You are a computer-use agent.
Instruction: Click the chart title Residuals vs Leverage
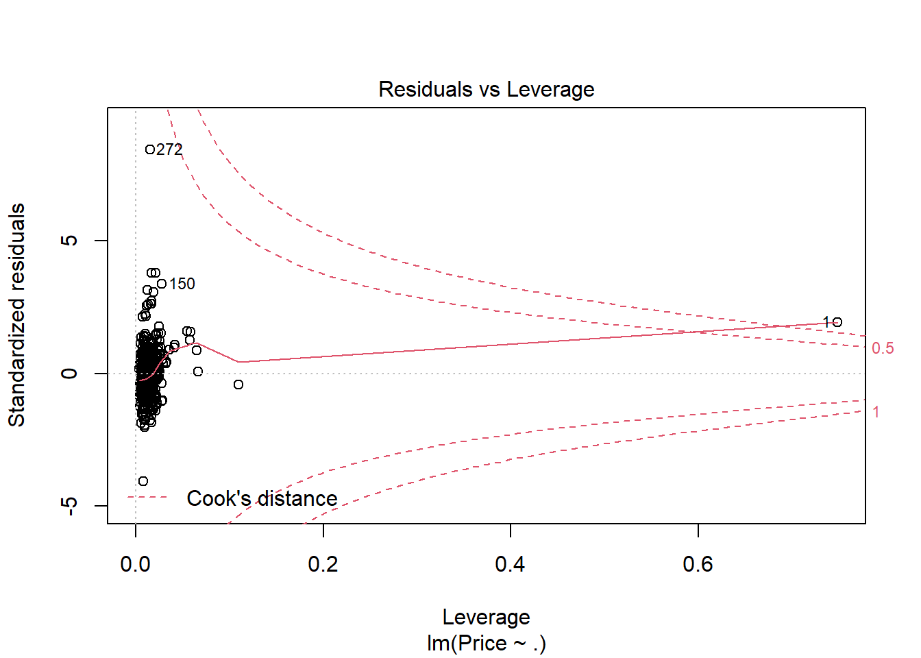click(486, 89)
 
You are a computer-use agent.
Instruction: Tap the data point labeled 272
click(150, 149)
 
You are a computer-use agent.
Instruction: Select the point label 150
click(182, 284)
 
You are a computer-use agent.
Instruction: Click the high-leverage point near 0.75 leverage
click(837, 322)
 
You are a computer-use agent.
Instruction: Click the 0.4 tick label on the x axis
click(510, 564)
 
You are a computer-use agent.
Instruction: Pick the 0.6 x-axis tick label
click(698, 564)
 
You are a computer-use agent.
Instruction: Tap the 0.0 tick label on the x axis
click(135, 564)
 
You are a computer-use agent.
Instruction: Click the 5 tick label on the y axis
click(69, 241)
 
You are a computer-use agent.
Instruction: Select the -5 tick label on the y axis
click(69, 506)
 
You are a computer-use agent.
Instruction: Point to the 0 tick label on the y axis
click(69, 374)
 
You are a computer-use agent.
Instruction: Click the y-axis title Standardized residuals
click(16, 315)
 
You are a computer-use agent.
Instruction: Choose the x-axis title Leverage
click(486, 617)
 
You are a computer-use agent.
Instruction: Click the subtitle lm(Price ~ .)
click(486, 643)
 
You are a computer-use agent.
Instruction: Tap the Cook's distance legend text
click(262, 498)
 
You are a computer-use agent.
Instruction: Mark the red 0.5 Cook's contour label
click(883, 348)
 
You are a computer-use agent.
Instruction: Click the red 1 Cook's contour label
click(876, 412)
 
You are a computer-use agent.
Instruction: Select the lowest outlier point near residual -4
click(143, 481)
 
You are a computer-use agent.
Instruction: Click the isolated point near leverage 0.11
click(238, 385)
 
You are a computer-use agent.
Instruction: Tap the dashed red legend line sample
click(147, 498)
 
